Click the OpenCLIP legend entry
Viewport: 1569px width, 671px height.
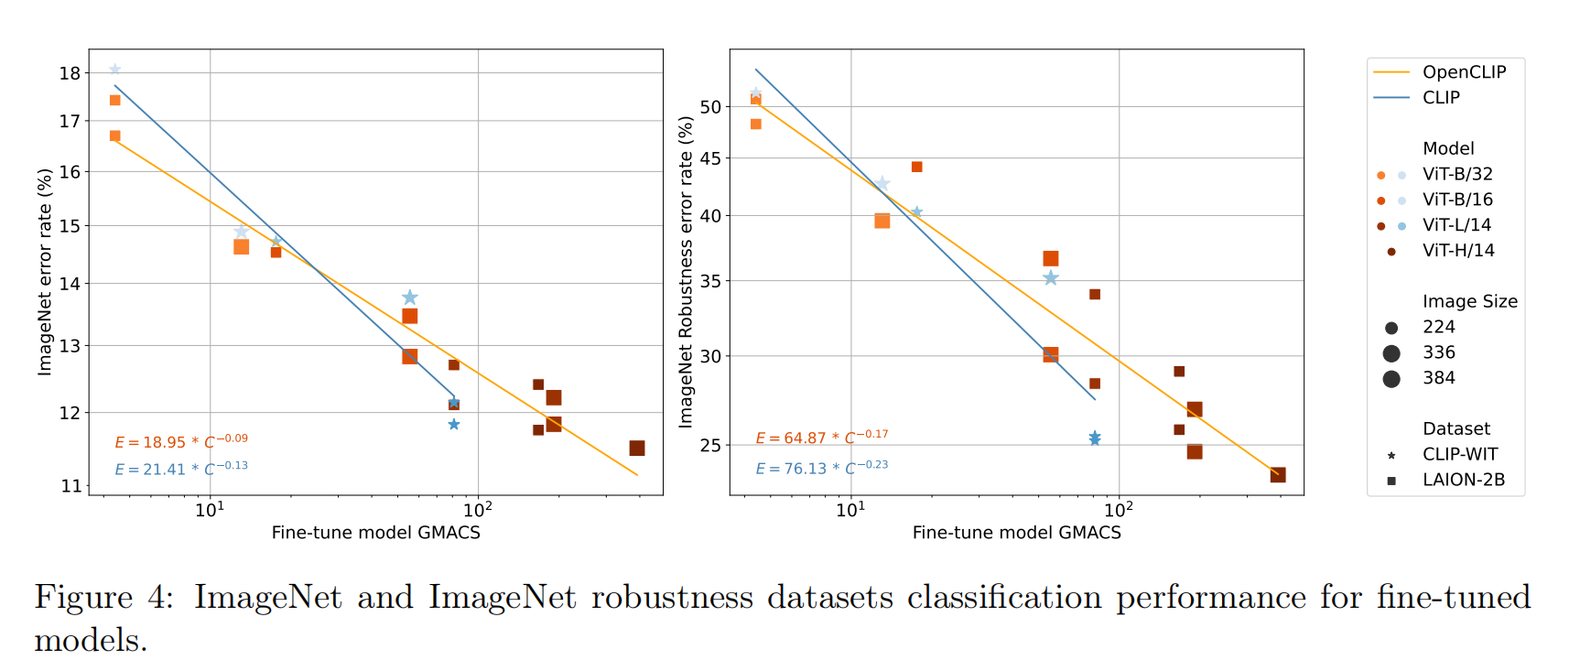tap(1463, 72)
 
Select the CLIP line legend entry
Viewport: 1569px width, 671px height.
tap(1441, 98)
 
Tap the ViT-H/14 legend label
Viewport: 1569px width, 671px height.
tap(1458, 251)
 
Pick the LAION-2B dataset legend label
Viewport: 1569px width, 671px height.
tap(1463, 480)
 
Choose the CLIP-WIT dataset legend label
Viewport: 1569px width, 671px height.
tap(1459, 454)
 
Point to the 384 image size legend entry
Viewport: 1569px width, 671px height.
tap(1438, 378)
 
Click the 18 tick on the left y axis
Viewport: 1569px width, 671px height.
tap(70, 73)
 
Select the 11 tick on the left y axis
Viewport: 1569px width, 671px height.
tap(70, 486)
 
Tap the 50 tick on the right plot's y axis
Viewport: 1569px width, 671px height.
tap(710, 107)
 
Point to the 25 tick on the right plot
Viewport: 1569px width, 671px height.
tap(710, 446)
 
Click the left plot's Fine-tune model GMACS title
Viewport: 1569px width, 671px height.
tap(375, 533)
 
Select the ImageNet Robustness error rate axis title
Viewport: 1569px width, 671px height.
tap(685, 271)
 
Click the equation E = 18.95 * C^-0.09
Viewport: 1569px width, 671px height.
tap(181, 441)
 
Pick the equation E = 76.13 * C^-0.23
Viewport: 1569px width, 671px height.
tap(821, 468)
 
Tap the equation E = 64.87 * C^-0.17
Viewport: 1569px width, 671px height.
tap(821, 438)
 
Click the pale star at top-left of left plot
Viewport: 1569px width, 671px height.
tap(115, 70)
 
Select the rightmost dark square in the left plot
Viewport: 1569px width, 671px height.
tap(637, 448)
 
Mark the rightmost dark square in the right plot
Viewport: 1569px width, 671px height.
tap(1278, 475)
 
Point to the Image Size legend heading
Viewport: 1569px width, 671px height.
tap(1469, 302)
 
